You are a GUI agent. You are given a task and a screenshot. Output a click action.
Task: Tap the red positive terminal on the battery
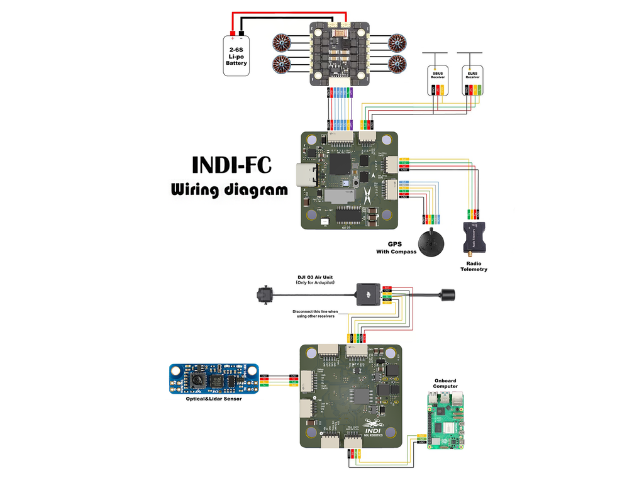(232, 33)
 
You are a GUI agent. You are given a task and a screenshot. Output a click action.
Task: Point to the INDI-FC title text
(231, 165)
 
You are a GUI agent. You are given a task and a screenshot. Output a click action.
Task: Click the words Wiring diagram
(229, 189)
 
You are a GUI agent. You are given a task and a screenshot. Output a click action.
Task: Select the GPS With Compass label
(396, 247)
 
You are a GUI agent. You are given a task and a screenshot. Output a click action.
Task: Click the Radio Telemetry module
(476, 236)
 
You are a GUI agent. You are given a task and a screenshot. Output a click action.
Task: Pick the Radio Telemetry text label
(476, 266)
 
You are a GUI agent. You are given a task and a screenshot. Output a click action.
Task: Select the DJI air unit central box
(367, 293)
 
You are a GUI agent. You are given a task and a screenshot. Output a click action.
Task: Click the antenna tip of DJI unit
(449, 294)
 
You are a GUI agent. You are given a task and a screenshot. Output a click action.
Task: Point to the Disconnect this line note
(315, 313)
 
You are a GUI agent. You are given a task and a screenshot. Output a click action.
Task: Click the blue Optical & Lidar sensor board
(214, 379)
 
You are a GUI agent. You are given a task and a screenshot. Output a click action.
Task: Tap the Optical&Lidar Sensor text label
(214, 399)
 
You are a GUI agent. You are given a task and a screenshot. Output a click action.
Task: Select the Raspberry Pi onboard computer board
(446, 419)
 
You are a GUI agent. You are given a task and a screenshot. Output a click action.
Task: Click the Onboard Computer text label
(445, 384)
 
